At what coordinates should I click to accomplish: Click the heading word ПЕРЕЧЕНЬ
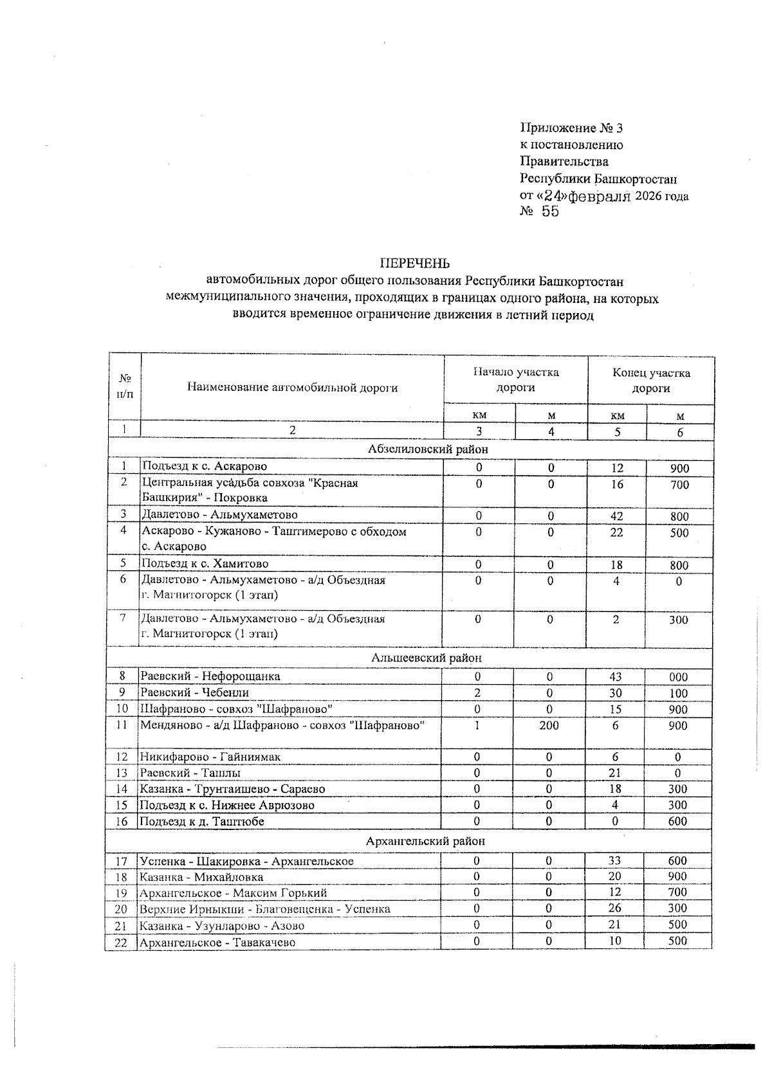click(414, 264)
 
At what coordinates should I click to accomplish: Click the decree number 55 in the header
click(550, 212)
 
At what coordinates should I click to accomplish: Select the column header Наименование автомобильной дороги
click(292, 388)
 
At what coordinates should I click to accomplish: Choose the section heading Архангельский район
click(425, 841)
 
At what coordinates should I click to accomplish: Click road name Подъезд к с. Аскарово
click(205, 467)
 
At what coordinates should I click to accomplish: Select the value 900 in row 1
click(679, 469)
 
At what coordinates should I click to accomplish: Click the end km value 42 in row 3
click(617, 516)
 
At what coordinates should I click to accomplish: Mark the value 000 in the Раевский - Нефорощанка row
click(678, 677)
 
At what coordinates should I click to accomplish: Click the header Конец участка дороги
click(650, 381)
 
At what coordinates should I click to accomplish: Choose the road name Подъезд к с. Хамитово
click(205, 564)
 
